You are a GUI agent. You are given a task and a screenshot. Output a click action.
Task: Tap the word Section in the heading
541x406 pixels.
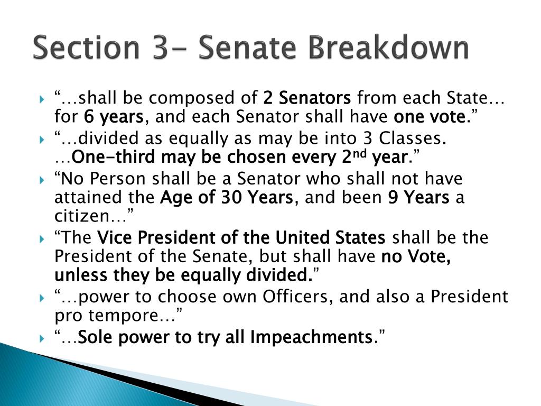pos(82,48)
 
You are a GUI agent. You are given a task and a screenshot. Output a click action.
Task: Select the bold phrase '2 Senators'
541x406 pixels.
pos(307,98)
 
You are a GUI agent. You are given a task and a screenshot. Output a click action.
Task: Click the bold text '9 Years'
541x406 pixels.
pos(418,198)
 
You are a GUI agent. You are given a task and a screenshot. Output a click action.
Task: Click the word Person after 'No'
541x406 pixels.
pos(118,179)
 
